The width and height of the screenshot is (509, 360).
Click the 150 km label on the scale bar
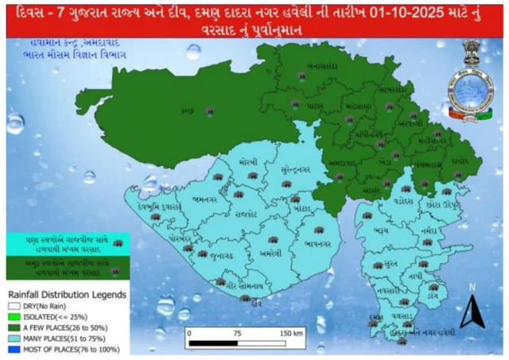(288, 333)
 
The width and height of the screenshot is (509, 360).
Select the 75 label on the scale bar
(236, 333)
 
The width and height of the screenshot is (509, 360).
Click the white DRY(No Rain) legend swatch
(14, 305)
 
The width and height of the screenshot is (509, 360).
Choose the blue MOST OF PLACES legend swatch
(14, 347)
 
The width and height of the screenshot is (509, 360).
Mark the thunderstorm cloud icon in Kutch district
(209, 110)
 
